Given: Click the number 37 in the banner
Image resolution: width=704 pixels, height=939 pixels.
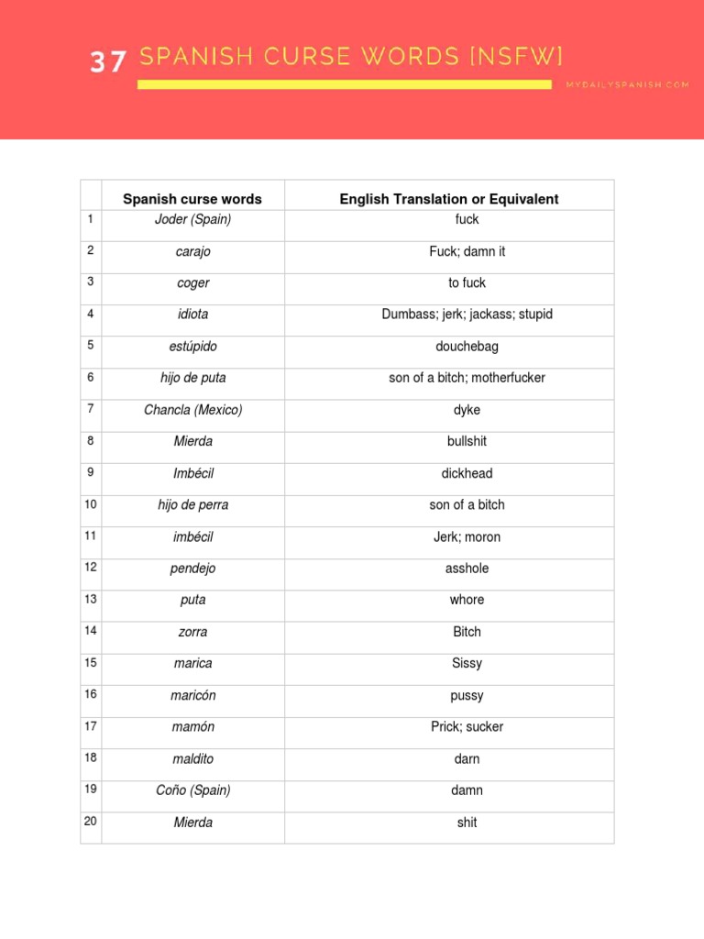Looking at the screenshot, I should (x=107, y=61).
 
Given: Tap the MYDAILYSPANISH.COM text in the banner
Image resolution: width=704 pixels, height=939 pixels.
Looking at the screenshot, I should (x=627, y=84).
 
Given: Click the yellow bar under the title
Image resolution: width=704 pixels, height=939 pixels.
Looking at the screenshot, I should (x=345, y=84).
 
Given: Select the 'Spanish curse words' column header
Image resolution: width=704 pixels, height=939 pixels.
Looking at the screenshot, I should (x=192, y=199).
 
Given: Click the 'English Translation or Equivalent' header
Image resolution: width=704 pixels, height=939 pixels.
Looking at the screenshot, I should (x=449, y=199).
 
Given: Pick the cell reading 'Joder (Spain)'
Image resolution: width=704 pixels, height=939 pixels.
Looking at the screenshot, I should (x=192, y=219).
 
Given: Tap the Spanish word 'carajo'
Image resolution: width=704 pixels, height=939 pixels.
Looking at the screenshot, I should (x=192, y=251).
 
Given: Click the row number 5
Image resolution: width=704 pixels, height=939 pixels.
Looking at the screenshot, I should (x=91, y=345).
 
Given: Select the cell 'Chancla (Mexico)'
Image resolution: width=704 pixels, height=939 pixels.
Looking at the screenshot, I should (x=192, y=410).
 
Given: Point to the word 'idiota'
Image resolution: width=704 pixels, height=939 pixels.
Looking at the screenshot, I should (x=192, y=315).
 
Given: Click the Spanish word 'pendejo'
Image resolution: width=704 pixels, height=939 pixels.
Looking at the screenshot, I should (x=192, y=569).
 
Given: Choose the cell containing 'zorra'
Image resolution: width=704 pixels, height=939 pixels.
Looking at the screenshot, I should (x=192, y=632).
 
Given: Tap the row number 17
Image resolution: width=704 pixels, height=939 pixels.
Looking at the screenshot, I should (x=91, y=725).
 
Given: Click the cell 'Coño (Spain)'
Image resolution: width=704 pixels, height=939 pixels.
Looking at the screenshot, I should (x=192, y=790).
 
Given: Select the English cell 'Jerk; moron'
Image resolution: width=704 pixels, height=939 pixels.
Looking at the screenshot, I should (x=467, y=537).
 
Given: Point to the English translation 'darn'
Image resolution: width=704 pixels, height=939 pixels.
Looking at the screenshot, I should (x=467, y=759).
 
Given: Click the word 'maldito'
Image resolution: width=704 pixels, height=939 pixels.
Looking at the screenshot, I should (x=192, y=759).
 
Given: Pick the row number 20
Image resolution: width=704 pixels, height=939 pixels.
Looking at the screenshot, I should (x=91, y=821).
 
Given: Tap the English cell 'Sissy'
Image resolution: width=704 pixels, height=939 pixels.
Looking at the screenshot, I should (x=467, y=663).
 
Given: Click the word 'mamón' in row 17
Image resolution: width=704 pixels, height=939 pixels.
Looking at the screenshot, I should (x=192, y=727).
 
